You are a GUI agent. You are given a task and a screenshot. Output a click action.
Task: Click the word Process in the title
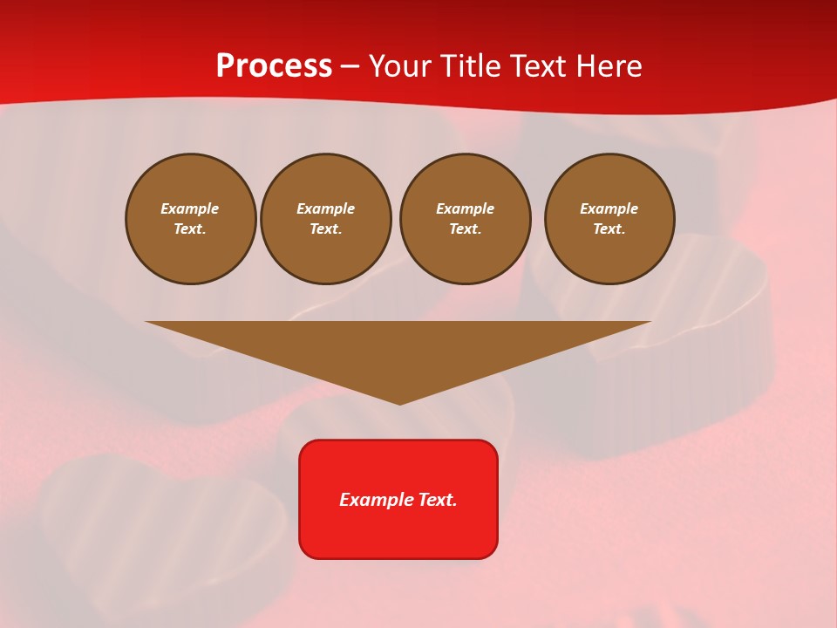[274, 66]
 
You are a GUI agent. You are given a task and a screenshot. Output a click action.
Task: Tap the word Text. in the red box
[437, 500]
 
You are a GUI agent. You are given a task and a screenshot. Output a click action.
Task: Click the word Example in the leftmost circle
[190, 208]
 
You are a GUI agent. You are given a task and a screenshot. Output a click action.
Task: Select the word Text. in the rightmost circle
[609, 229]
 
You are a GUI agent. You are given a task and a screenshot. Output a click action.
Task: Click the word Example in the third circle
[466, 208]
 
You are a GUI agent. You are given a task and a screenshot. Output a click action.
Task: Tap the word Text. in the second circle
[326, 229]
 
